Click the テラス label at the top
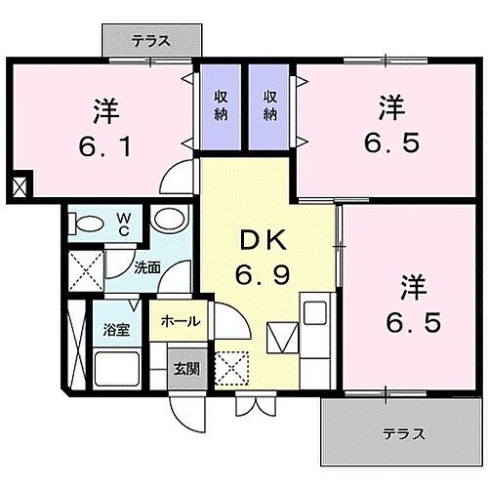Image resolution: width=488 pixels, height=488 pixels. pos(151,41)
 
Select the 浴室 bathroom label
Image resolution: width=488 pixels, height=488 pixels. pos(115,330)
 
